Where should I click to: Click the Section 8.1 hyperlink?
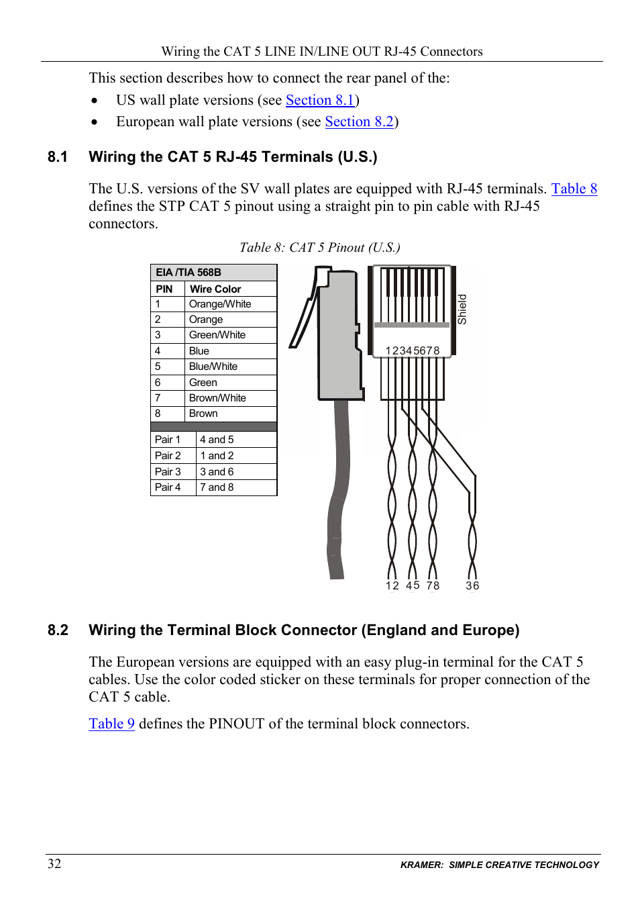(x=320, y=100)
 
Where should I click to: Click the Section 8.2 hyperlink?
(x=359, y=122)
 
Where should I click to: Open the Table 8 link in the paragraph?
(x=574, y=189)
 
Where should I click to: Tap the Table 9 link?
(x=111, y=724)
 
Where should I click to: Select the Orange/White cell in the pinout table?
(x=220, y=304)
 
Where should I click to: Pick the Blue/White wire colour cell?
(x=213, y=367)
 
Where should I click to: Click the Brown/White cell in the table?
(x=217, y=398)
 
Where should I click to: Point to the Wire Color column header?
(x=215, y=289)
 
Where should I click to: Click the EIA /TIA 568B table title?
(x=189, y=273)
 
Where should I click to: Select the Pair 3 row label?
(x=168, y=472)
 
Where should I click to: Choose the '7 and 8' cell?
(x=217, y=487)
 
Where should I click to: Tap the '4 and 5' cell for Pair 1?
(x=217, y=440)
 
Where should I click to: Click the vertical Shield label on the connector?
(x=462, y=309)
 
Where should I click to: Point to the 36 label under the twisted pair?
(x=472, y=585)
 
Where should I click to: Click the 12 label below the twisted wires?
(x=392, y=585)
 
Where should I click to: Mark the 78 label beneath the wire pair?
(x=433, y=585)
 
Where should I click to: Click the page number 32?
(x=54, y=863)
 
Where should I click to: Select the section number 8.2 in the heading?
(x=58, y=630)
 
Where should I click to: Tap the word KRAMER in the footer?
(x=421, y=865)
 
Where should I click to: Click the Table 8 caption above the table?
(x=320, y=248)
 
